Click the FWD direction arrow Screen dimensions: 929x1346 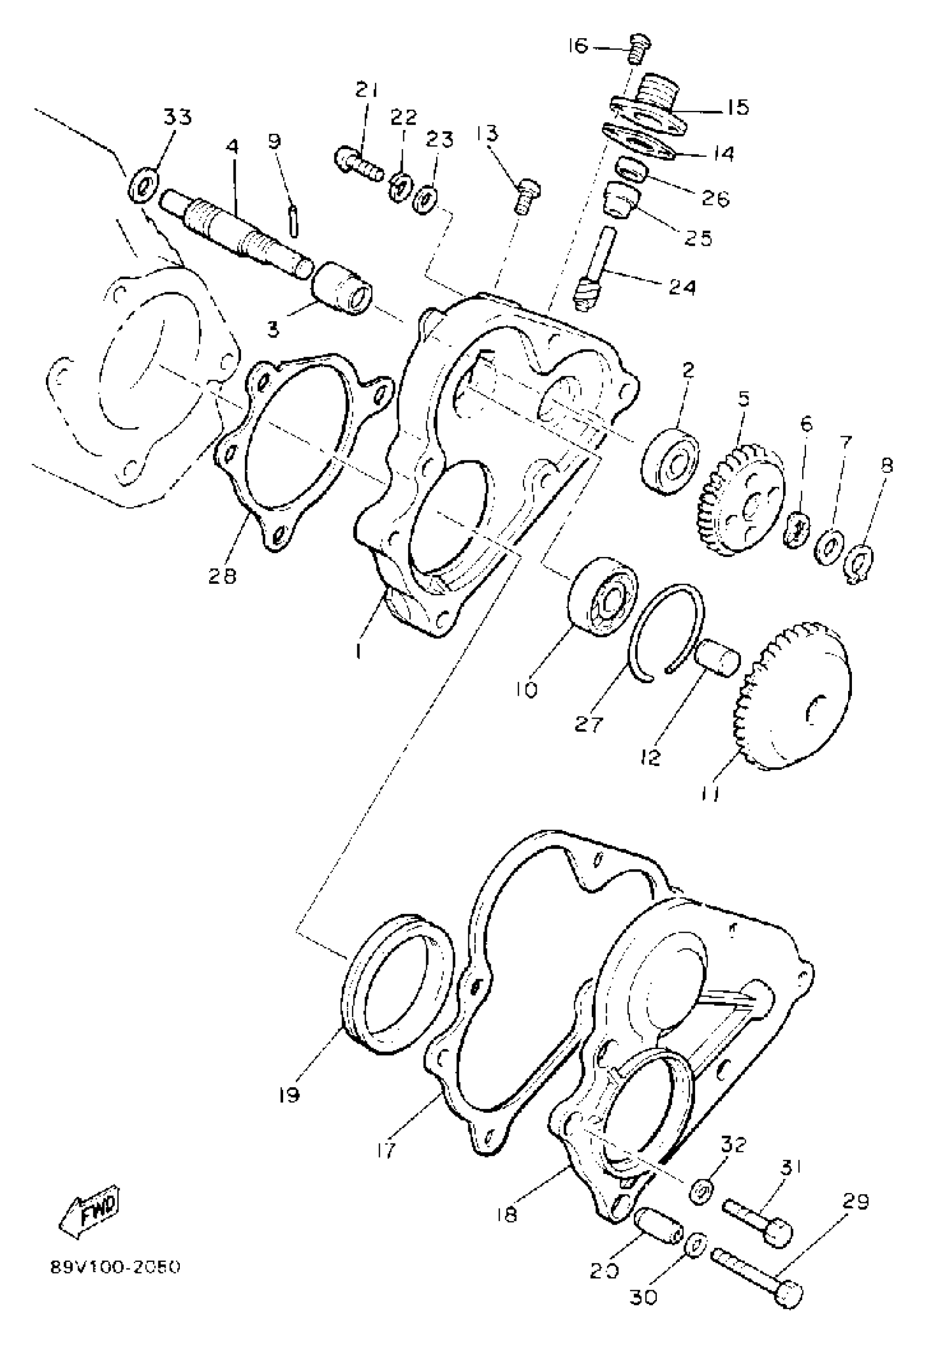pos(90,1213)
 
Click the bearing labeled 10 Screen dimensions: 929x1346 pos(602,596)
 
